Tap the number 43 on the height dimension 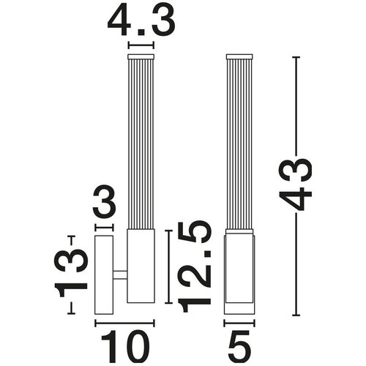click(x=295, y=184)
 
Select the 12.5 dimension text click(x=194, y=266)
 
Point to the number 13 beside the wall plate click(x=71, y=273)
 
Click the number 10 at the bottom click(x=125, y=343)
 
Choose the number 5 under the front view click(x=239, y=343)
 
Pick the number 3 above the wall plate click(x=104, y=201)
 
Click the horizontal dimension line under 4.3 click(x=141, y=45)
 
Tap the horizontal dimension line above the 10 click(x=124, y=324)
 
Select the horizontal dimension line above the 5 click(x=239, y=324)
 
